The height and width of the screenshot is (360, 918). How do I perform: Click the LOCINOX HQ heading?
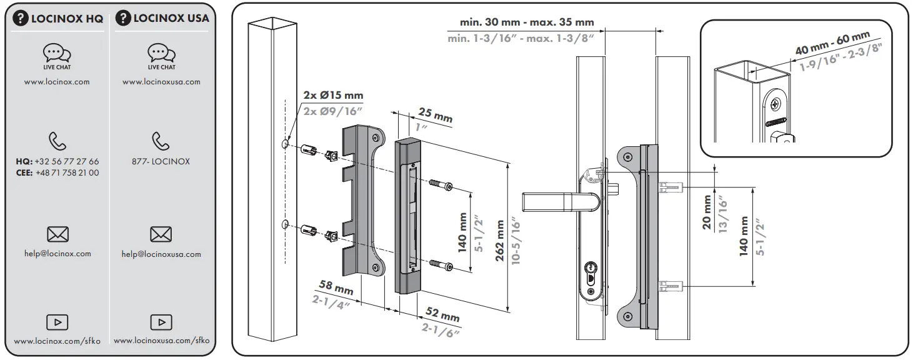(x=58, y=18)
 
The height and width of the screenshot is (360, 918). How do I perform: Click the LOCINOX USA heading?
(x=162, y=18)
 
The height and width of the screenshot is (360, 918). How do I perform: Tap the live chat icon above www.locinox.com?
(x=57, y=53)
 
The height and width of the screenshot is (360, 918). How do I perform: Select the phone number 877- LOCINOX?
(x=161, y=161)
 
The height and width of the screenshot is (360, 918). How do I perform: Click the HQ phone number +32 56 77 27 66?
(x=66, y=161)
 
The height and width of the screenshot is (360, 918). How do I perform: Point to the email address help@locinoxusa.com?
(x=161, y=254)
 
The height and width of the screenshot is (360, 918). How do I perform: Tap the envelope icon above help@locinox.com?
(x=57, y=234)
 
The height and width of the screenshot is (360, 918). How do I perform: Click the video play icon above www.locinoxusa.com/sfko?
(x=161, y=322)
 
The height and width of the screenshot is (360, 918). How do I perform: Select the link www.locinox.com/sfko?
(x=57, y=341)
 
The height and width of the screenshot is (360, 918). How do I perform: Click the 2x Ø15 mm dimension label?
(x=333, y=96)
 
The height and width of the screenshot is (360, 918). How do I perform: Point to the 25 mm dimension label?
(x=434, y=116)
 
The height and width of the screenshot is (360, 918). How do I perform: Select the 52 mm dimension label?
(x=442, y=315)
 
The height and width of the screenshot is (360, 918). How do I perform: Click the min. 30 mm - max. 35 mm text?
(x=527, y=22)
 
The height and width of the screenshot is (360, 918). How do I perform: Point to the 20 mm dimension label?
(x=707, y=212)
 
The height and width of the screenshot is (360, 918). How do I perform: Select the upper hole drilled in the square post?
(x=284, y=144)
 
